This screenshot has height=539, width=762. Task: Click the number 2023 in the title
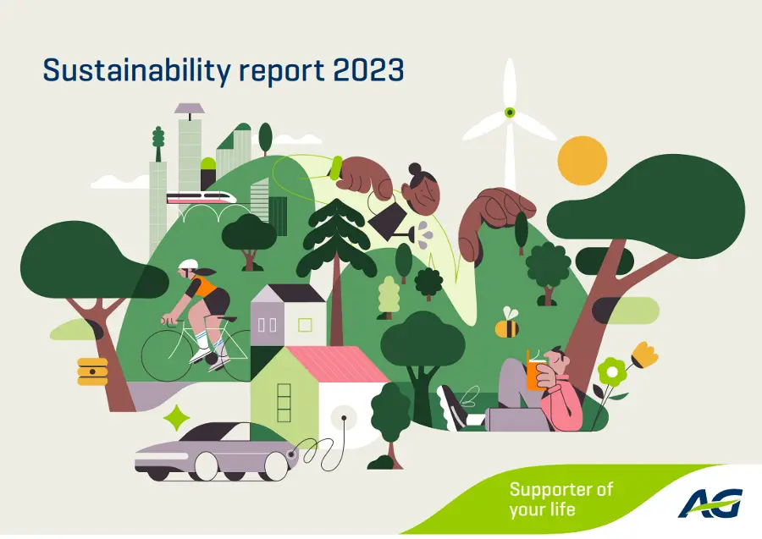pos(369,70)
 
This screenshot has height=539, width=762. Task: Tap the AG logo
pos(710,503)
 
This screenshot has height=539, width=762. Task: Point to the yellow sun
pos(583,160)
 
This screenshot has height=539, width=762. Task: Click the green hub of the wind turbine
pos(510,113)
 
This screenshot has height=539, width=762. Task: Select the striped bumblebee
pos(507,324)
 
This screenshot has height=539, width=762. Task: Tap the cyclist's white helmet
pos(188,264)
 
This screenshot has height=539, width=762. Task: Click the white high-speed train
pos(202,198)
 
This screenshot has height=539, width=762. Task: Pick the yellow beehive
pos(92,371)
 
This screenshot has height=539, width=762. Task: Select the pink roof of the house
pos(338,364)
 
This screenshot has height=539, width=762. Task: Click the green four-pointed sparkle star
pos(176,418)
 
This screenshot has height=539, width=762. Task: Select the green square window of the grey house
pos(305,325)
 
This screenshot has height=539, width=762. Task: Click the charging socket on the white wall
pos(344,417)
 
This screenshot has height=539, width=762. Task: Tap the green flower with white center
pos(612,372)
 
